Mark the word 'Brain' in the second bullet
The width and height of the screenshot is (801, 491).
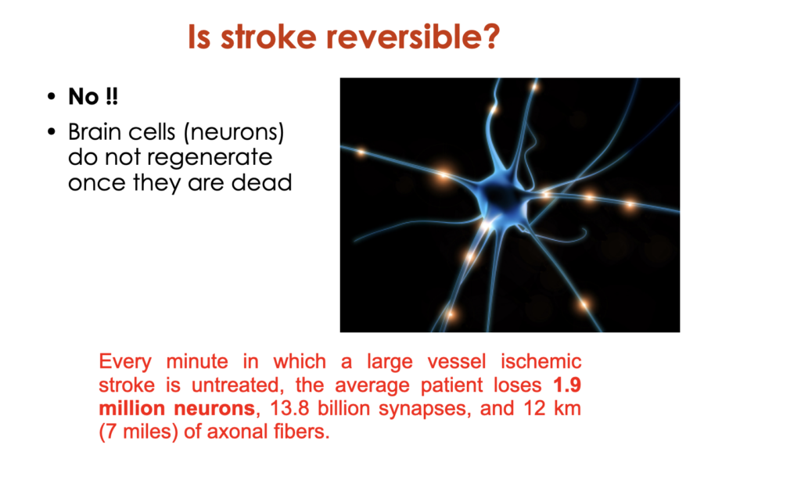[x=94, y=131]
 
